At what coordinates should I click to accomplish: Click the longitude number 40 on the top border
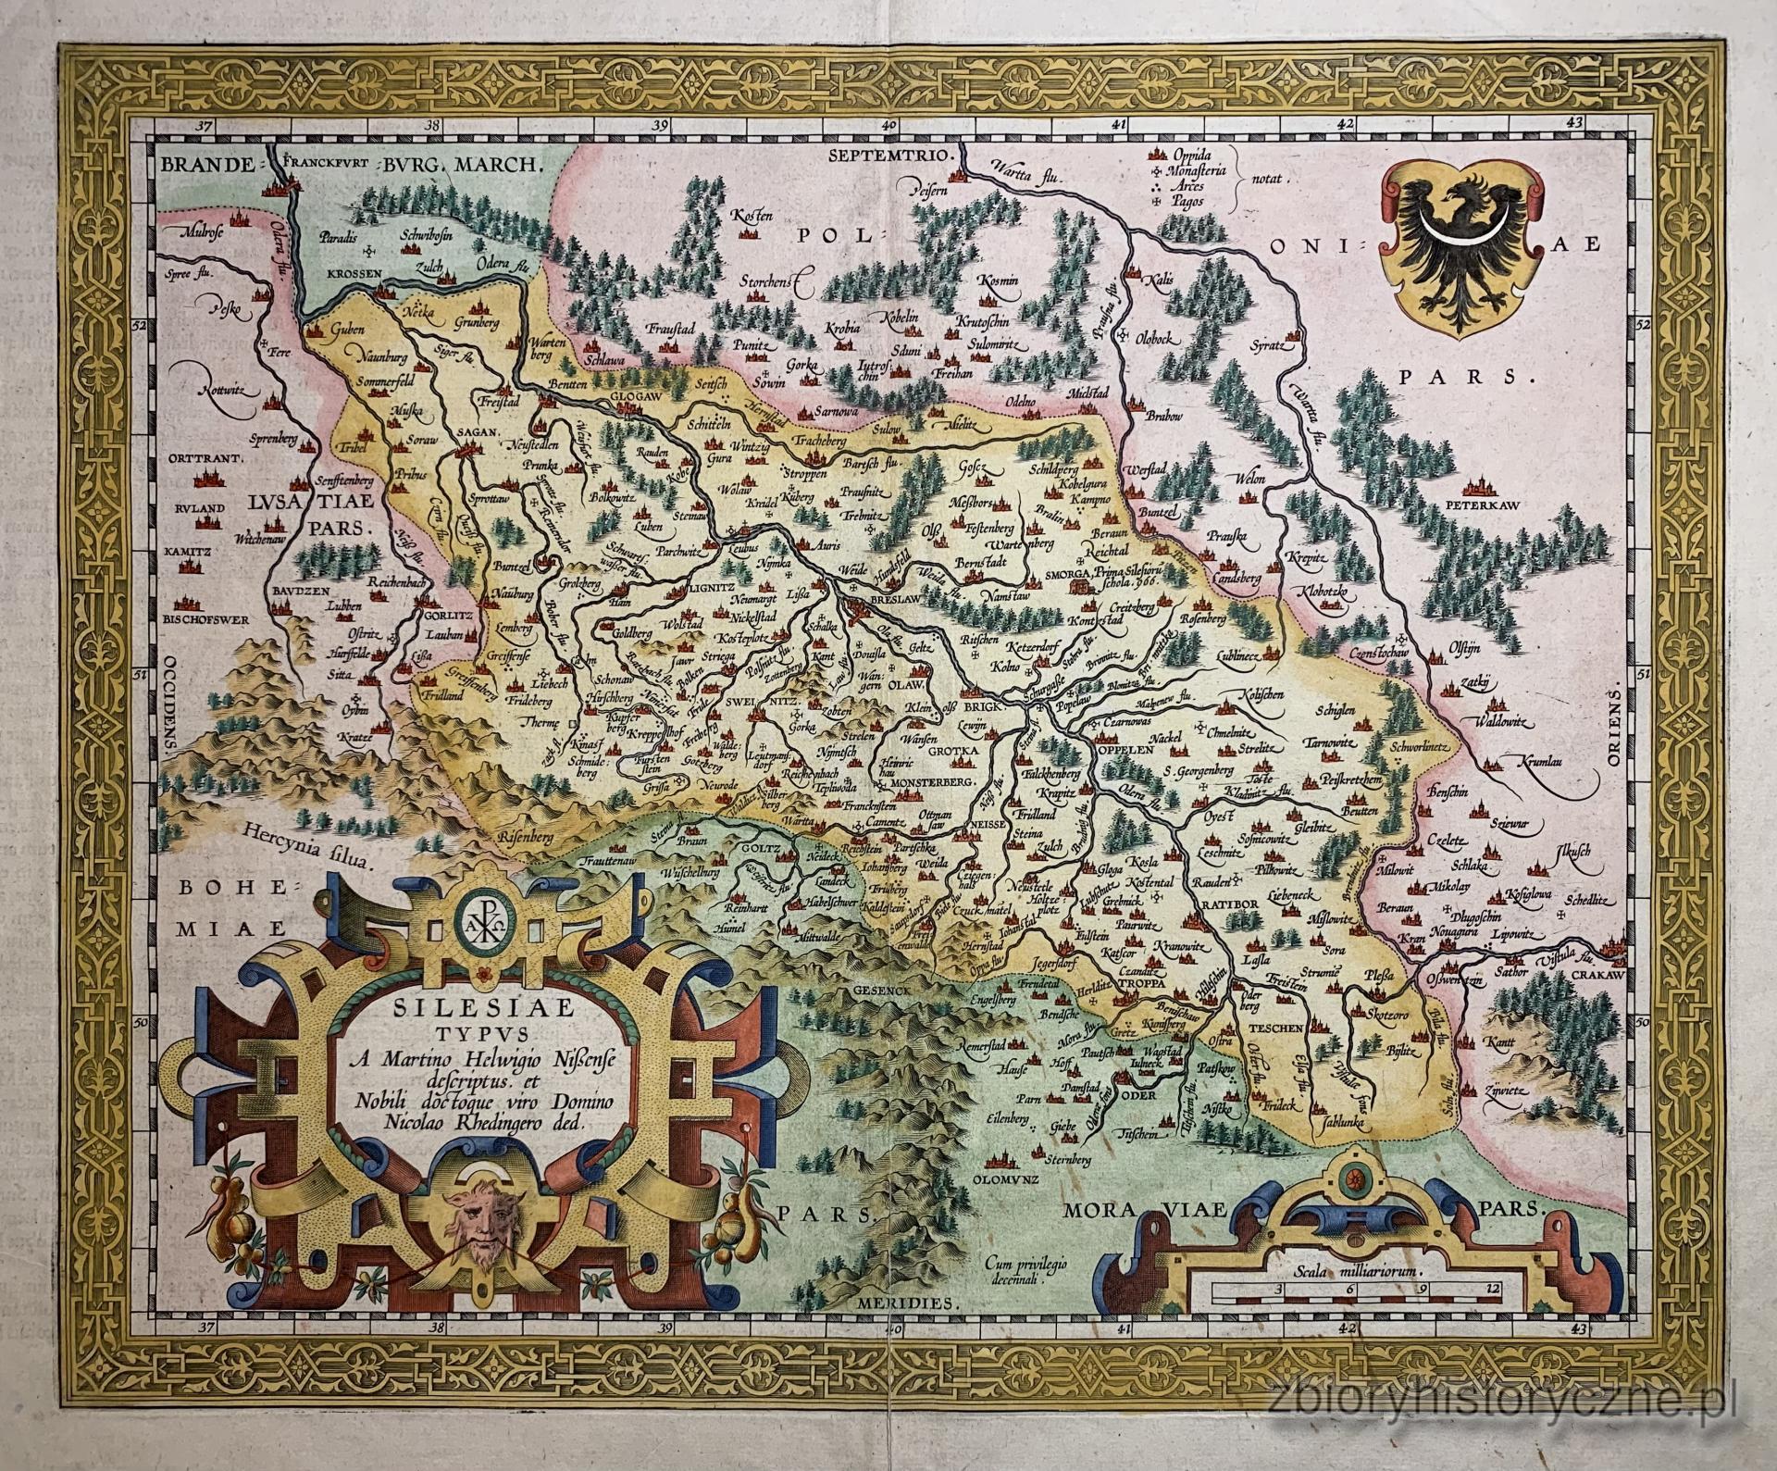[889, 125]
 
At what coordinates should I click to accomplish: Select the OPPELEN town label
[1125, 752]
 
